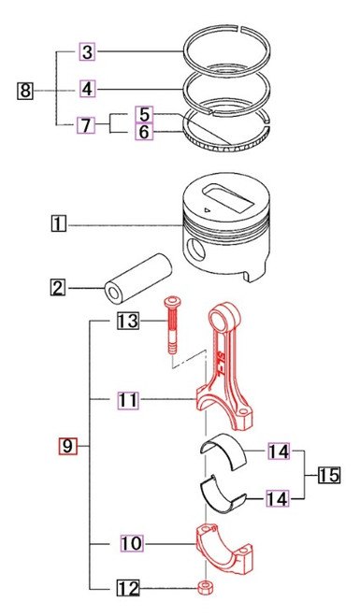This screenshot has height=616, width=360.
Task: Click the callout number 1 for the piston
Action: pos(59,223)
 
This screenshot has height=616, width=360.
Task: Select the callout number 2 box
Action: pos(58,289)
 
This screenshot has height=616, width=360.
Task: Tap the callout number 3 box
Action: pos(86,52)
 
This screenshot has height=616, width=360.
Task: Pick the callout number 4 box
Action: pos(86,89)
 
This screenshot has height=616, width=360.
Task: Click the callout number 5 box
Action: pos(144,114)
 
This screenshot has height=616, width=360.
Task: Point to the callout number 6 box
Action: pos(144,133)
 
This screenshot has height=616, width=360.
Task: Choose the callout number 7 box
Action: pos(86,123)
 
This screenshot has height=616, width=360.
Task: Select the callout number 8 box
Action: pos(26,90)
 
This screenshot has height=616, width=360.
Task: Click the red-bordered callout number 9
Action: pos(66,447)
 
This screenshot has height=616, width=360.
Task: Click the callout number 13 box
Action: pos(128,322)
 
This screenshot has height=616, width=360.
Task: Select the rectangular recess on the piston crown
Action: pos(224,200)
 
